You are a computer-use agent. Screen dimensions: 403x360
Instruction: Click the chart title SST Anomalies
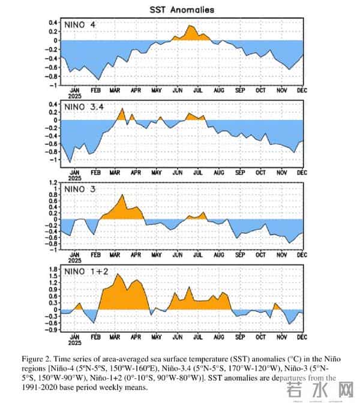pos(181,10)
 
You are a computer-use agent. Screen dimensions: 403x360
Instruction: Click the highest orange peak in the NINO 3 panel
pos(123,196)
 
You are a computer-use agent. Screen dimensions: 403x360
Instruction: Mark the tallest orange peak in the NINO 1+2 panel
pos(118,275)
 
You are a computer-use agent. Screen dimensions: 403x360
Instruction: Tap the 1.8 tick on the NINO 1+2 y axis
pos(53,269)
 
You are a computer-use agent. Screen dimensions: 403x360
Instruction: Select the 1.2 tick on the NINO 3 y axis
pos(53,182)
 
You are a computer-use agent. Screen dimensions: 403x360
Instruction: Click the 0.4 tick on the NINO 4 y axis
pos(53,23)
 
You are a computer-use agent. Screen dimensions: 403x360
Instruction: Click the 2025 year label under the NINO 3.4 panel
pos(74,178)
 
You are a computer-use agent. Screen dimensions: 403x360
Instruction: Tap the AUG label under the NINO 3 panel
pos(220,254)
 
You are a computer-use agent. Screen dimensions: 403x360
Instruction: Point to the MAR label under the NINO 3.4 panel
pos(116,172)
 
